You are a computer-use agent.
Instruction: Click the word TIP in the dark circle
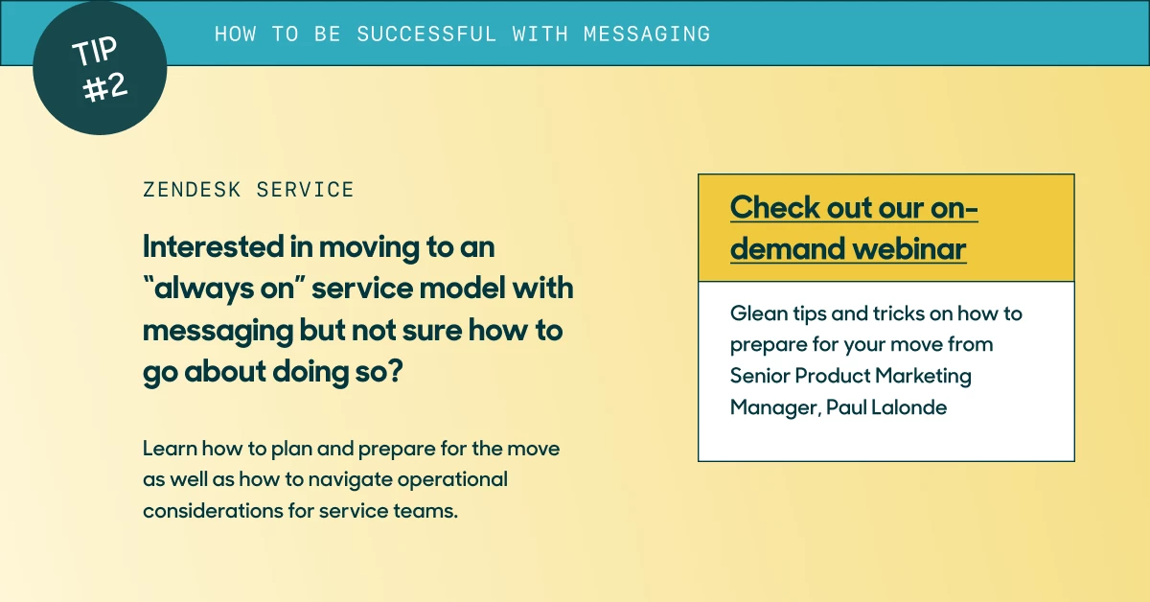coord(95,51)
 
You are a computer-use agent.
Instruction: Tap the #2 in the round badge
coord(105,87)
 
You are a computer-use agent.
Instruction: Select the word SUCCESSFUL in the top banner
coord(426,34)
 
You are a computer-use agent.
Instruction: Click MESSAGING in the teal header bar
coord(647,34)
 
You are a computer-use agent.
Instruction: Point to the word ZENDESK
coord(192,190)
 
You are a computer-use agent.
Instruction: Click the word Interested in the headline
coord(213,246)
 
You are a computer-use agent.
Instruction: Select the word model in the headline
coord(462,288)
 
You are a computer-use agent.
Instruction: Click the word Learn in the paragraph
coord(170,449)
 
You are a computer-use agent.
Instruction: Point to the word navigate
coord(350,480)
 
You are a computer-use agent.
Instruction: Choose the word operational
coord(452,480)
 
